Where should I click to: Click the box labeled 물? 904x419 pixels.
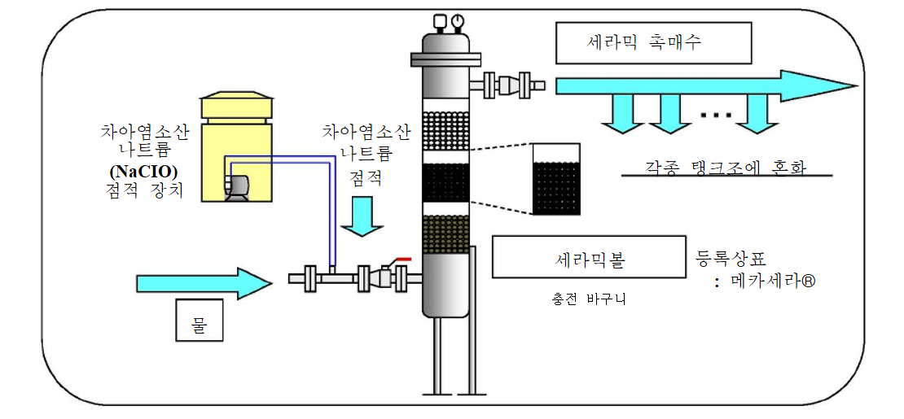[199, 321]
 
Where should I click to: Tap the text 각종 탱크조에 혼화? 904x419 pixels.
[722, 167]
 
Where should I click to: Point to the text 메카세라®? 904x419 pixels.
[775, 282]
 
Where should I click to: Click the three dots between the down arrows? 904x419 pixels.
[717, 115]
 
